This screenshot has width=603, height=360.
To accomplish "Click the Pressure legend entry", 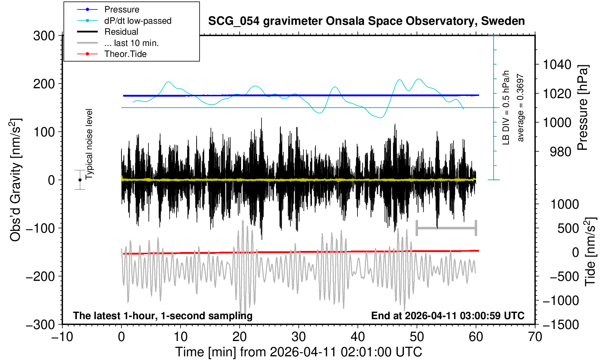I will coord(121,9).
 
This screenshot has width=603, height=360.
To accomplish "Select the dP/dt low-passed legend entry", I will coord(138,21).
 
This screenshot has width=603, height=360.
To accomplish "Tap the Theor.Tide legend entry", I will coord(125,54).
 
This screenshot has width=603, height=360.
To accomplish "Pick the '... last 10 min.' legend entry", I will coord(131,43).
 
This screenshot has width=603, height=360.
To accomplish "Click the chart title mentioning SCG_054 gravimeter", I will coord(366,21).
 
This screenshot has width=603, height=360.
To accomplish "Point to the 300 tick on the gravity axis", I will coord(44,36).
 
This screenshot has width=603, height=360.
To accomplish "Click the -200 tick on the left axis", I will coord(40,276).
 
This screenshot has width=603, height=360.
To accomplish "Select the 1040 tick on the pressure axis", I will coord(557,65).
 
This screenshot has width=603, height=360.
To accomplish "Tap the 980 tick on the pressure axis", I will coord(560,151).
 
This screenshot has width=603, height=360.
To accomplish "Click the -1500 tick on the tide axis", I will coord(561,324).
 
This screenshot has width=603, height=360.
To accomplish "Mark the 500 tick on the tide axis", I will coord(568,228).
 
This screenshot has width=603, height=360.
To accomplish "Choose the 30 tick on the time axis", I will coord(298,337).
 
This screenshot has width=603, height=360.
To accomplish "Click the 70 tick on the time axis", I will coord(535,337).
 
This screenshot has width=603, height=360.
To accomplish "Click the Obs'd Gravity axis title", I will coord(16,180).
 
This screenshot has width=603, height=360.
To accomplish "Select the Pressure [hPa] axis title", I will coord(583,108).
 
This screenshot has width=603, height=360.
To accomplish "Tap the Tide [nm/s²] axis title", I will coord(590,252).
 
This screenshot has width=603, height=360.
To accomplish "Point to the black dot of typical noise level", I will coord(80,180).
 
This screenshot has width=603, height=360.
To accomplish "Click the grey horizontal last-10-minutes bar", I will coord(446,228).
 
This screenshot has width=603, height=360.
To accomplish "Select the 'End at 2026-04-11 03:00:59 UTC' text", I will coord(448,316).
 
